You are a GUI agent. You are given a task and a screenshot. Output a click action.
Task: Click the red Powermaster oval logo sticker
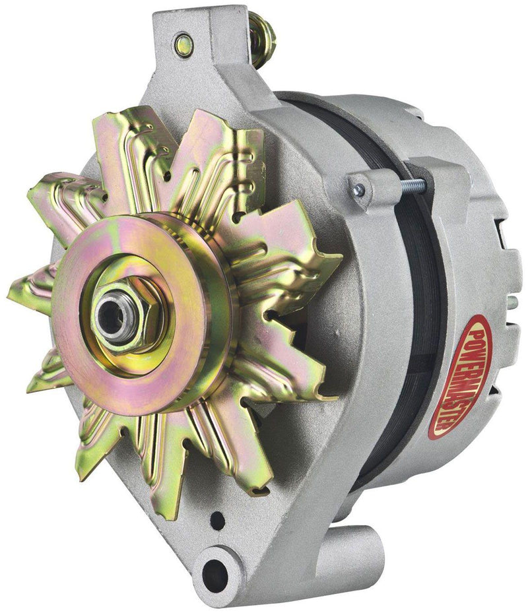459,377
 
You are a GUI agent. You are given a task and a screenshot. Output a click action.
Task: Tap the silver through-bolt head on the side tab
358,191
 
